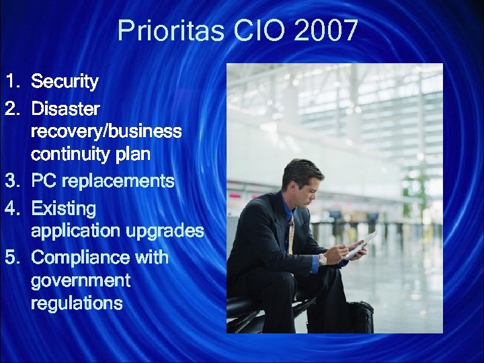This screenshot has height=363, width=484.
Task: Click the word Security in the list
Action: tap(65, 82)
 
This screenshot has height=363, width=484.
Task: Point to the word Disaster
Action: tap(66, 108)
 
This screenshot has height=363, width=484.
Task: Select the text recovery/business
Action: tap(106, 131)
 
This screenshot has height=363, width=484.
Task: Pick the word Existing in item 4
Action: tap(64, 208)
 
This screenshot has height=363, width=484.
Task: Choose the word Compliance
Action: tap(81, 257)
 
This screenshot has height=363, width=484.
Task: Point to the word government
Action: tap(81, 280)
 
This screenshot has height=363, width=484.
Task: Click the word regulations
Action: tap(77, 303)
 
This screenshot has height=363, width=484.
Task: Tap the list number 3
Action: tap(11, 181)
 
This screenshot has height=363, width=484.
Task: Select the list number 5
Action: tap(11, 257)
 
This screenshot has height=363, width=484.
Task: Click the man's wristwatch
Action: tap(323, 259)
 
